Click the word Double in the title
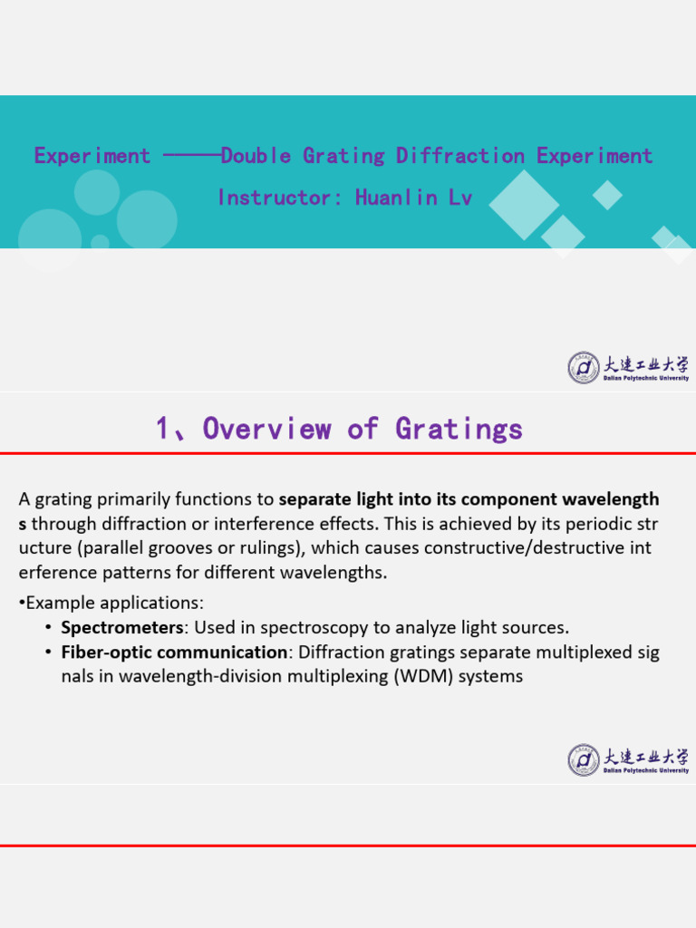point(256,156)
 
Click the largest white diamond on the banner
point(525,205)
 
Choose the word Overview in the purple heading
point(266,428)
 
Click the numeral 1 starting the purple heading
point(163,428)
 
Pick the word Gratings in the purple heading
point(459,428)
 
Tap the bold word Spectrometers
point(122,627)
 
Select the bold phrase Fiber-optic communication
point(174,652)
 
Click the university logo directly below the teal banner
point(628,368)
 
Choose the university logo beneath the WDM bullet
point(628,760)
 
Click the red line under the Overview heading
point(348,453)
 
